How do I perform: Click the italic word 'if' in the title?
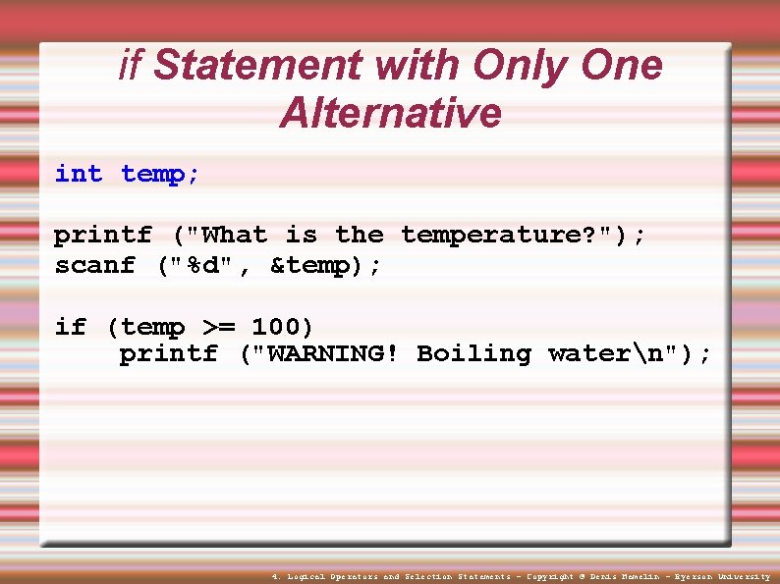[130, 66]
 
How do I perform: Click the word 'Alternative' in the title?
[390, 113]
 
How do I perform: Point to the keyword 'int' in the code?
[79, 175]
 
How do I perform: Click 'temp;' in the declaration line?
[160, 175]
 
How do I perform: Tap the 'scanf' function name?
[94, 266]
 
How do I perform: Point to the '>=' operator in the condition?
[218, 327]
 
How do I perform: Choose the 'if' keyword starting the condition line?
[70, 327]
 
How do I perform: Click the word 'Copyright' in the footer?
[550, 577]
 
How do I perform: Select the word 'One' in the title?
[622, 66]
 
